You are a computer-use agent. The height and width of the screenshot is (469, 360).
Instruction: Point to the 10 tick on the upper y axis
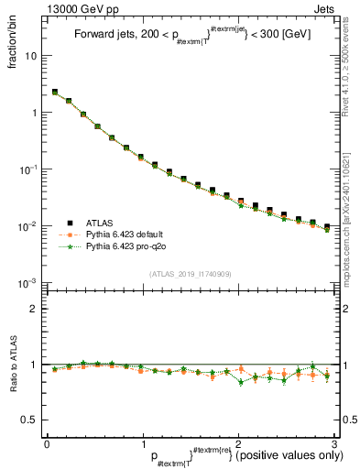pos(33,56)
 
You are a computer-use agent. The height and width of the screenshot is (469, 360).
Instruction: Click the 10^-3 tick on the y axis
pos(29,282)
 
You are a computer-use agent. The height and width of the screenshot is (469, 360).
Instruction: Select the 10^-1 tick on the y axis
pos(29,169)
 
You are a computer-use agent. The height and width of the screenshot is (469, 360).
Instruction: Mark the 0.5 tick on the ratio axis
pos(31,420)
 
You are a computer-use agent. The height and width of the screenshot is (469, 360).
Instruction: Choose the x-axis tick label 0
pos(47,442)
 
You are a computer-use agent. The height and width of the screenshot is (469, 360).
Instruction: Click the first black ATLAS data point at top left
pos(55,92)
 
